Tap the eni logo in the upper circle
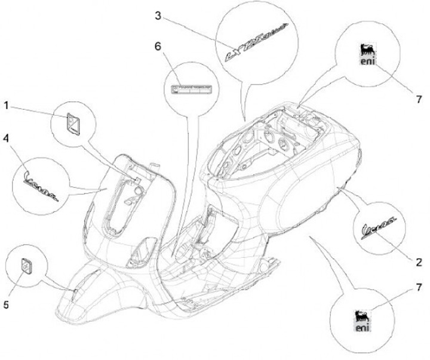[x=366, y=54]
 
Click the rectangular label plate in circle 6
[x=193, y=90]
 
